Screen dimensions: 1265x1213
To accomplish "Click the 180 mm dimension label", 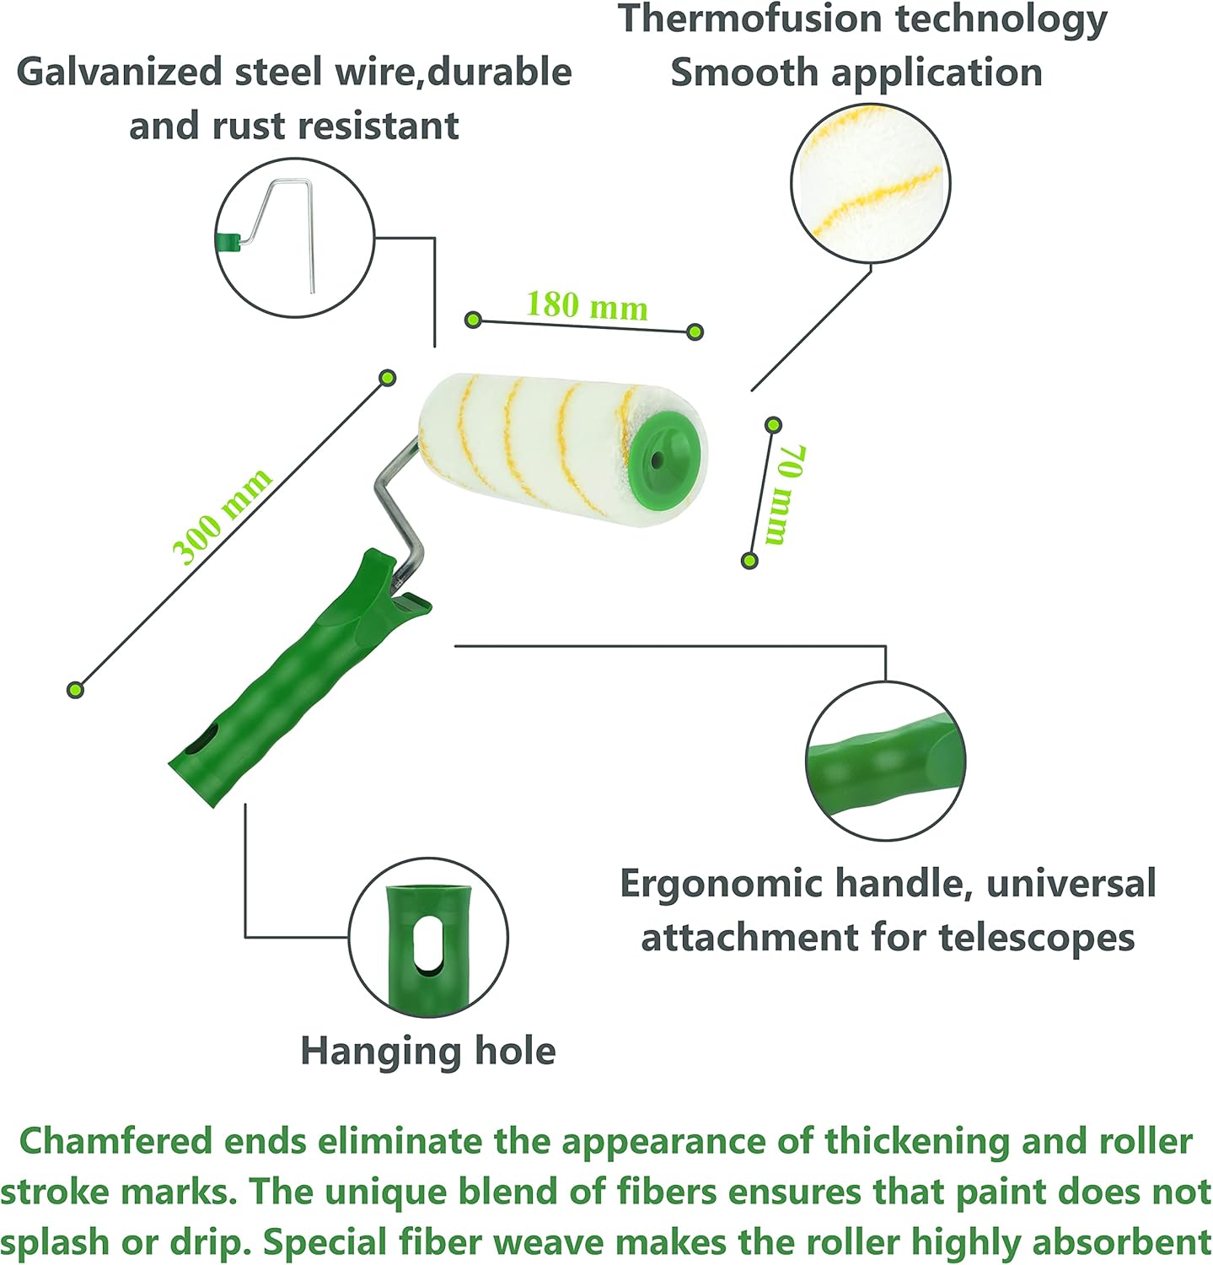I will click(587, 305).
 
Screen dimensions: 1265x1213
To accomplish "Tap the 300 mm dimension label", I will click(222, 516).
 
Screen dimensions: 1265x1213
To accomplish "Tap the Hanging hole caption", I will click(428, 1052).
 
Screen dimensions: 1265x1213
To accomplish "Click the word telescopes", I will click(1036, 938).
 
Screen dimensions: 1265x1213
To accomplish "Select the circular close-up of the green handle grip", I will click(885, 761).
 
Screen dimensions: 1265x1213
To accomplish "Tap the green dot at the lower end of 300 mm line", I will click(76, 690).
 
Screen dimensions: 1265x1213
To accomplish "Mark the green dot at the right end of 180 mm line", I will click(695, 331).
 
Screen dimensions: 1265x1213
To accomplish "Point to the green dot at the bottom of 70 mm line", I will click(749, 560).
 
